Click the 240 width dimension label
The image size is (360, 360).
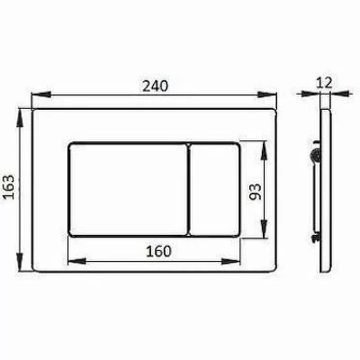click(155, 86)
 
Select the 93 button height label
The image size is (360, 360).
click(256, 192)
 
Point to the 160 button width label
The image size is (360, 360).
click(158, 251)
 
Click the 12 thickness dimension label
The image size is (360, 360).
click(325, 82)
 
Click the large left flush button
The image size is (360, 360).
click(129, 190)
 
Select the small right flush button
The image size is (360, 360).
click(215, 190)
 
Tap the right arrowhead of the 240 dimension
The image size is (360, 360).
click(267, 94)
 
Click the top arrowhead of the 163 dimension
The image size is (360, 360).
click(20, 119)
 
